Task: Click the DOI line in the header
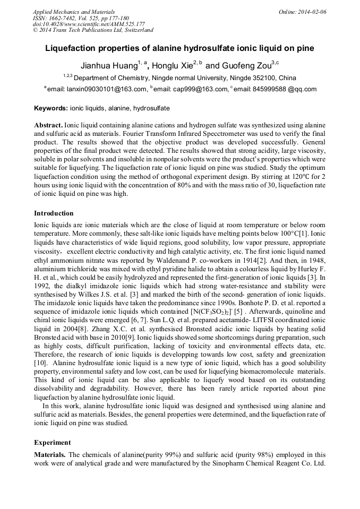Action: coord(89,24)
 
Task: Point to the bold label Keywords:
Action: coord(51,108)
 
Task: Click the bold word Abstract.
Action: coord(48,124)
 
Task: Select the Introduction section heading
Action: coord(54,213)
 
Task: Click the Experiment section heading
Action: coord(52,442)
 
